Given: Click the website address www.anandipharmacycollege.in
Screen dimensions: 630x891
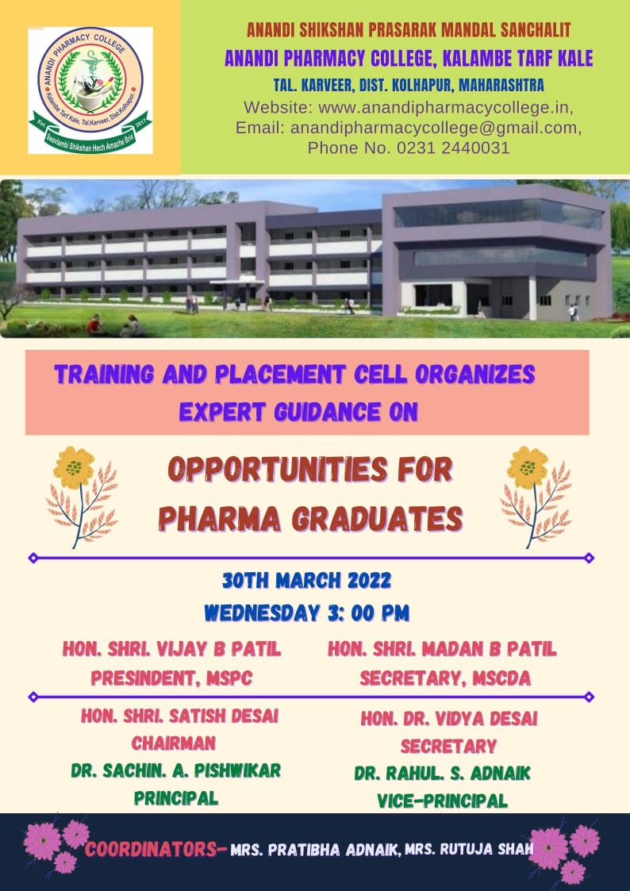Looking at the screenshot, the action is [444, 107].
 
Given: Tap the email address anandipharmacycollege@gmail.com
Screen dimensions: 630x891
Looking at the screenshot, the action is [435, 128].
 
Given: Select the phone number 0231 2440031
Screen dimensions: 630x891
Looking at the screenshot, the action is [453, 148].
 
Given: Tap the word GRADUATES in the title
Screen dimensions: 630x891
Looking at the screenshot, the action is [377, 519].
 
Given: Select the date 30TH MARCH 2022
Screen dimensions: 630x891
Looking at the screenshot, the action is [306, 581].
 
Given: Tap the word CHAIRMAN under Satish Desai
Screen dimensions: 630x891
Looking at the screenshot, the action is [174, 743].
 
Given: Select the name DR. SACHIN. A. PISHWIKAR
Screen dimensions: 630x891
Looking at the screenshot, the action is [176, 770].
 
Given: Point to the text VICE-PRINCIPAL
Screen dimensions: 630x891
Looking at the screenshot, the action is [443, 801].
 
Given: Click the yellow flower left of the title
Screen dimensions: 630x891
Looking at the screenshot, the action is [74, 467].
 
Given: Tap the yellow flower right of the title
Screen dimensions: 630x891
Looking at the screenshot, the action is [528, 467].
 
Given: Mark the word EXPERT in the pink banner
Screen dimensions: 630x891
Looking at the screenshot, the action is [222, 412].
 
